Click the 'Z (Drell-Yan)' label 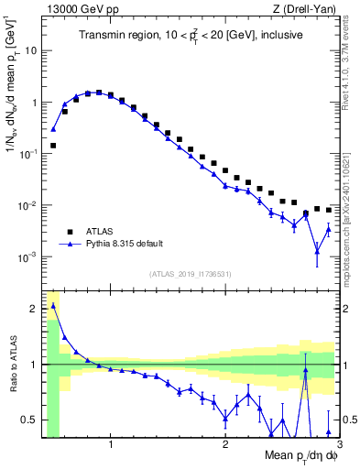(305, 8)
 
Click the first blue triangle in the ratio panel (53, 305)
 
